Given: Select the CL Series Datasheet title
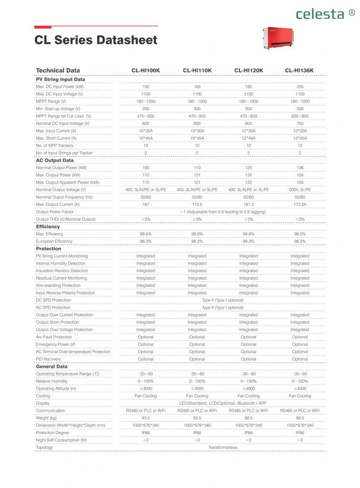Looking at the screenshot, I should [x=96, y=40].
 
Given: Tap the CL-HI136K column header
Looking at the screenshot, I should [x=299, y=71].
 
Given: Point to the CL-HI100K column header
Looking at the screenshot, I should [x=145, y=71].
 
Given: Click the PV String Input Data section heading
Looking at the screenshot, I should [x=61, y=79].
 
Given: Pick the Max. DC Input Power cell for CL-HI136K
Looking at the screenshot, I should [x=299, y=87].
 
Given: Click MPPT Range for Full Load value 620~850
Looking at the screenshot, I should [x=299, y=116].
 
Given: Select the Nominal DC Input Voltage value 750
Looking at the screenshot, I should [x=299, y=123].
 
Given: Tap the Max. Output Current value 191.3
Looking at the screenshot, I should [x=248, y=204].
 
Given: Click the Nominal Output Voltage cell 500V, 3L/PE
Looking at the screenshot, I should [x=299, y=190].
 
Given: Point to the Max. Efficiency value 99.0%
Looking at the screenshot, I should [x=299, y=234].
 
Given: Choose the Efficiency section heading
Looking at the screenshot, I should [x=48, y=226].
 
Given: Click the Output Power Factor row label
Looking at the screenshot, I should [x=55, y=212].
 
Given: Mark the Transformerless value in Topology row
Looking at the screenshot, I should [x=223, y=447].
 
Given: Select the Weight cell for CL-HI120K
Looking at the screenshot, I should [x=248, y=418].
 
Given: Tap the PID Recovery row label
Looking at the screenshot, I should [x=48, y=359].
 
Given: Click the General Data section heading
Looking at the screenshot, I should [x=51, y=366].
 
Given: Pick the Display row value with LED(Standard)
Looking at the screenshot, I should [x=223, y=403].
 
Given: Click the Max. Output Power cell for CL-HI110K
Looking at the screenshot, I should [x=197, y=175].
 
